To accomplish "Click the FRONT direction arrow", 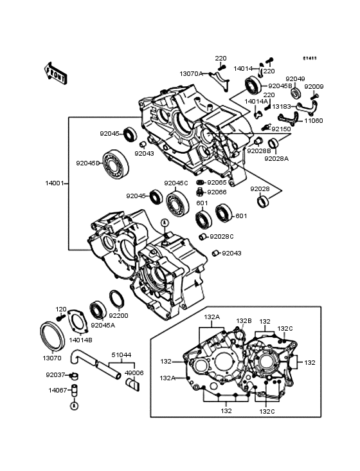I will pos(56,73).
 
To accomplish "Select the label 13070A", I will pos(191,74).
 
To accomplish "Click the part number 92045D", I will pos(89,163).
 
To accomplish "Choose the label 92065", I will pos(217,183).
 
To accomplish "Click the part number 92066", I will pos(217,192).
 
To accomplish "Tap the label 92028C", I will pos(222,236).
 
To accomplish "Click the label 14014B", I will pos(80,339).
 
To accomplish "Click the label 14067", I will pos(57,389).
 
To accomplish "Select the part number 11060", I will pos(314,120).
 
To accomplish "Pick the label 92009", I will pos(314,86).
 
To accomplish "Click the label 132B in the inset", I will pos(243,320).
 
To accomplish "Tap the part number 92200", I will pos(118,316).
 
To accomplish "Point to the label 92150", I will pos(280,129).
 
